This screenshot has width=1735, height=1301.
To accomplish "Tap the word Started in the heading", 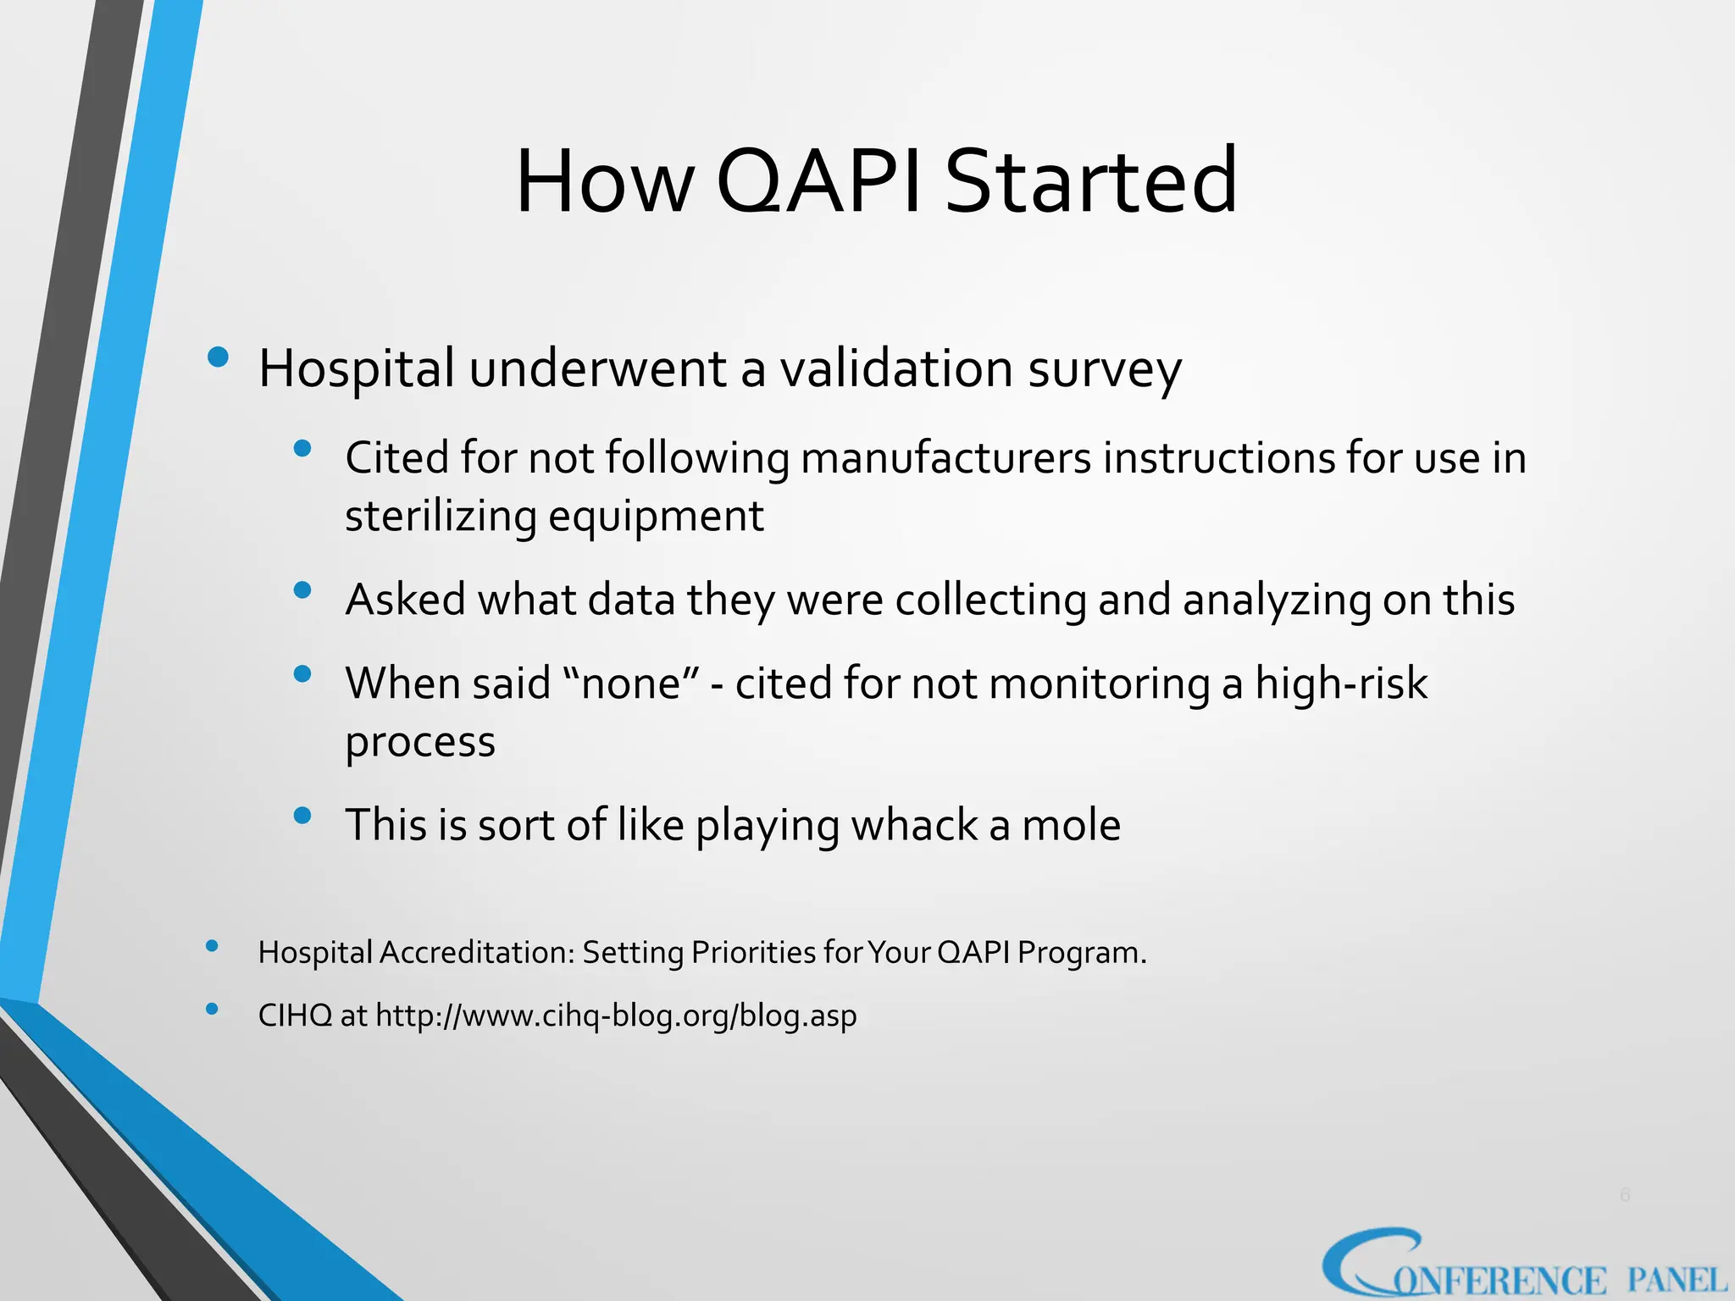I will point(1090,181).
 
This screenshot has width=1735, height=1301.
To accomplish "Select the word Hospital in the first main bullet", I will point(357,369).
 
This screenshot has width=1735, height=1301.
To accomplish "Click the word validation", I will point(896,369).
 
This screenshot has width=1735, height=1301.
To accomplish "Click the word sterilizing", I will point(441,517).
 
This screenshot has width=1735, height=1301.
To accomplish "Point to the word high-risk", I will point(1341,684).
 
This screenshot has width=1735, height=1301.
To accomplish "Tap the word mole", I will point(1071,825).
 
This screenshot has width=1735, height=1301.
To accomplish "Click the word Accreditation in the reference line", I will point(477,953).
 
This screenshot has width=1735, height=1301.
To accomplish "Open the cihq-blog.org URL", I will point(616,1016).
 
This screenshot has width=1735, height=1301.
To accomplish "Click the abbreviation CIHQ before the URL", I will point(295,1016).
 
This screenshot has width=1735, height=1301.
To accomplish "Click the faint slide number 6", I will point(1624,1195).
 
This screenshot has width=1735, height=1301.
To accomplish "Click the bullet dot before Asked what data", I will point(302,590).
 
